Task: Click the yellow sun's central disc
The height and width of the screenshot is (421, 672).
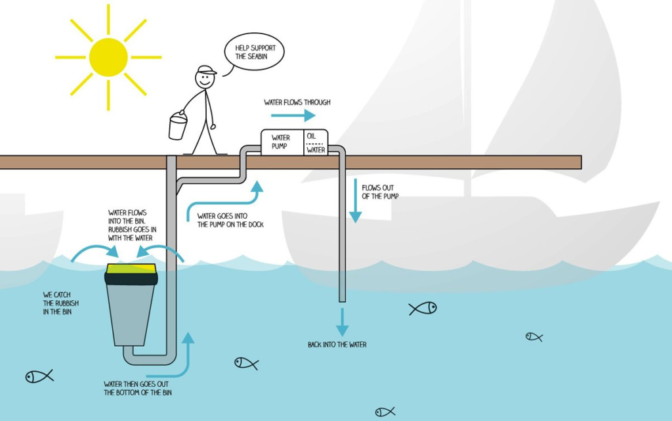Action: pos(108,57)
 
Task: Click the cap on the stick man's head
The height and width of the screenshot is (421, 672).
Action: pos(206,70)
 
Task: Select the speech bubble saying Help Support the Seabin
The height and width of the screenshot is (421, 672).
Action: pos(253,53)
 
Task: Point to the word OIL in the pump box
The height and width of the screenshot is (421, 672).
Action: pos(312,136)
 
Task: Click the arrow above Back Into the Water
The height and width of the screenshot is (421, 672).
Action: pos(343,322)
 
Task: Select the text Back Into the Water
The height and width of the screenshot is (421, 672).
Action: pos(337,344)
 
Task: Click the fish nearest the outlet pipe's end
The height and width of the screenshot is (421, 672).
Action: pos(423,308)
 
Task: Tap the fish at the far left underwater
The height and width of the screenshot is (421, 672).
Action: pos(39,376)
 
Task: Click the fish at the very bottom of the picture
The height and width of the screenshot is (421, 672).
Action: pos(385,412)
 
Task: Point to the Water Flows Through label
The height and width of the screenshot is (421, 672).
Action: pos(297,102)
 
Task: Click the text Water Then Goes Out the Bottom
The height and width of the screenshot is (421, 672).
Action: pos(138,388)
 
